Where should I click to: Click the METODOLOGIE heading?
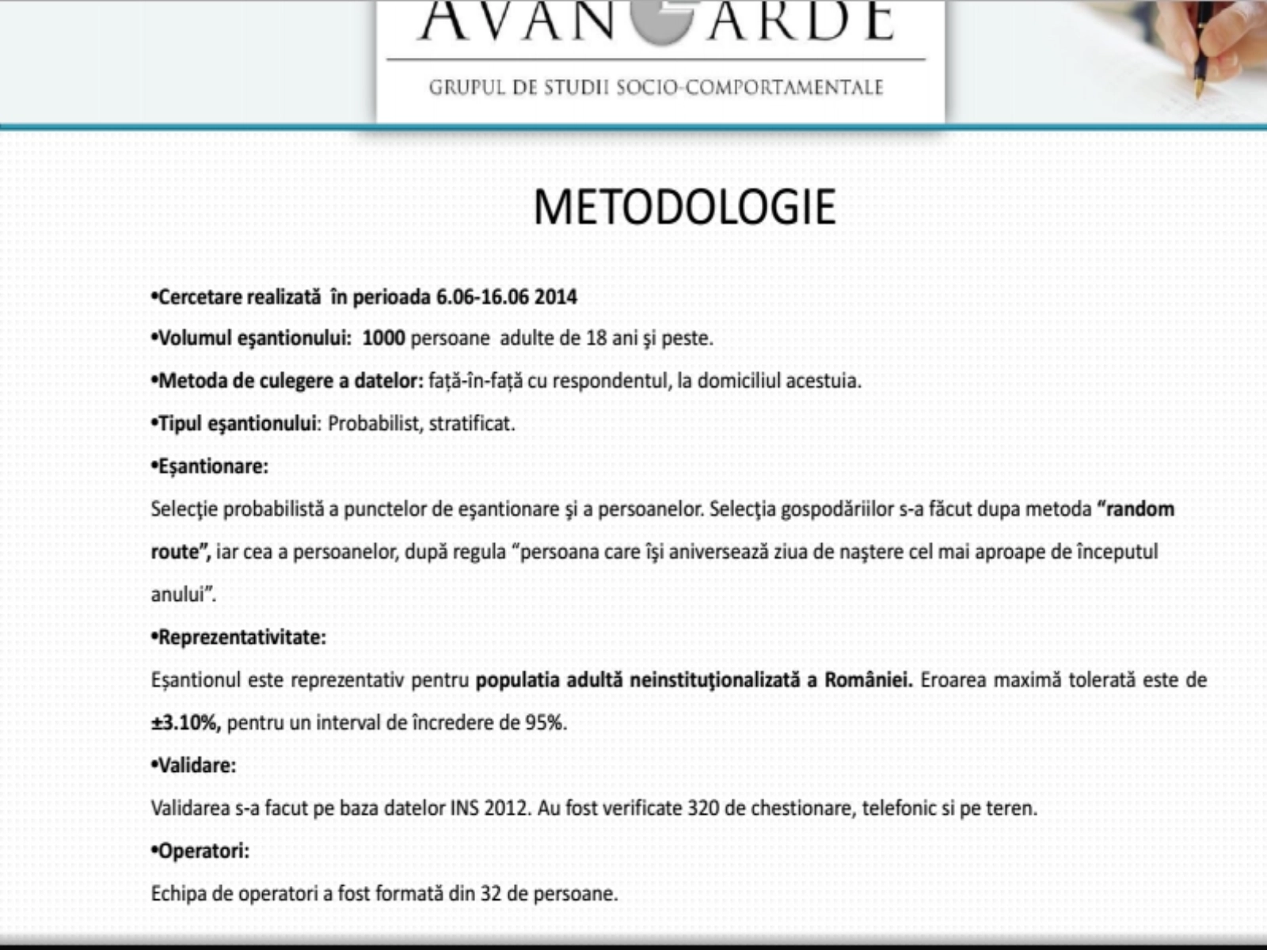tap(684, 207)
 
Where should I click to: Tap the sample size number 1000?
tap(383, 339)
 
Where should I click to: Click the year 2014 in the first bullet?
tap(555, 297)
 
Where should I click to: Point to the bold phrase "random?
tap(1136, 509)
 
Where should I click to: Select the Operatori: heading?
tap(203, 851)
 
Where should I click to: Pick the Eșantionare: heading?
tap(212, 466)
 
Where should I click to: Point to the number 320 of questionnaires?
tap(703, 808)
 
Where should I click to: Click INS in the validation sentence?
tap(465, 808)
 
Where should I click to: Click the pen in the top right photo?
tap(1204, 47)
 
